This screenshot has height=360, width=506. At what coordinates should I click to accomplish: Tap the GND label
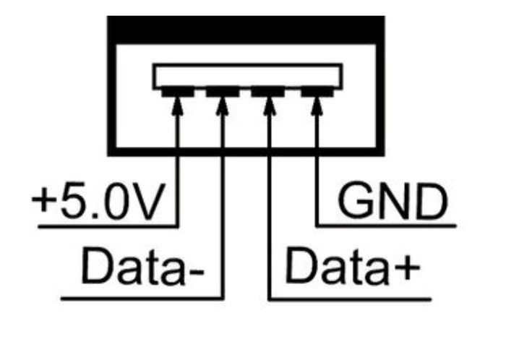pyautogui.click(x=392, y=203)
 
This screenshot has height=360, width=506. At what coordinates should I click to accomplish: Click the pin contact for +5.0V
pyautogui.click(x=178, y=92)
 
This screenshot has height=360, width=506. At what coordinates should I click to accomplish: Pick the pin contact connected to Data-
pyautogui.click(x=223, y=92)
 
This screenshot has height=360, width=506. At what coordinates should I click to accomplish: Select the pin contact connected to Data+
pyautogui.click(x=269, y=92)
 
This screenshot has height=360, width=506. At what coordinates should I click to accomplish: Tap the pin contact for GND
pyautogui.click(x=315, y=92)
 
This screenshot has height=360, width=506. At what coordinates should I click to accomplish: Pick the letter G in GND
pyautogui.click(x=354, y=203)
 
